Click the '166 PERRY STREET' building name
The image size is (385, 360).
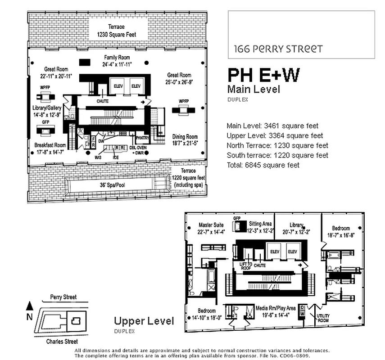(278, 49)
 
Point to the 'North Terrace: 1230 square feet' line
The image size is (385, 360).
(277, 145)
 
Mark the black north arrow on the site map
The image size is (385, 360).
(30, 306)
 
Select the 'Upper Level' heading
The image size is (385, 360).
(144, 321)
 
